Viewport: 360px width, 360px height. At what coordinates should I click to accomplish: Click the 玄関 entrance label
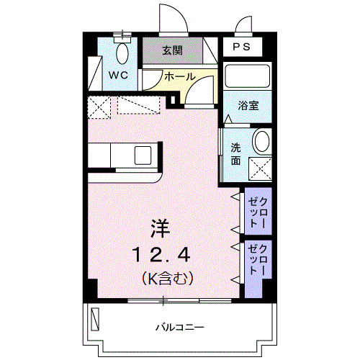[171, 50]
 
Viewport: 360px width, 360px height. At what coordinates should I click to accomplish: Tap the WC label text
[119, 74]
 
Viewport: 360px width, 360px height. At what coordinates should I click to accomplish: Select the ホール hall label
[179, 76]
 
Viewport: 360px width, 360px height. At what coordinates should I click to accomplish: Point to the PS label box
[242, 47]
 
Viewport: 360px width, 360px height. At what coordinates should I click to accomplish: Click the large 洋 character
[160, 228]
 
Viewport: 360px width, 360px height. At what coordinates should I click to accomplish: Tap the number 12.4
[160, 254]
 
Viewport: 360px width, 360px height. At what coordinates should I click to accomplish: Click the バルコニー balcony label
[180, 328]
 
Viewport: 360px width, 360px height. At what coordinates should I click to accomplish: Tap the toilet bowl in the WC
[122, 52]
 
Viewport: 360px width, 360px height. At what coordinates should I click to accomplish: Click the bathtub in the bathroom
[246, 76]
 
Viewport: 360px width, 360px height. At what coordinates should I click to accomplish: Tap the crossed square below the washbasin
[261, 167]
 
